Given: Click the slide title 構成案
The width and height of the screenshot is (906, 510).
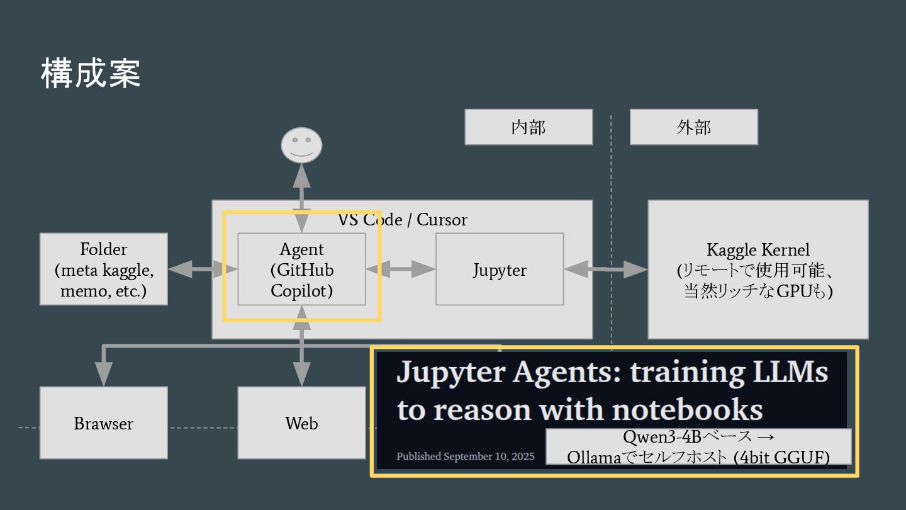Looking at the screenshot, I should [91, 73].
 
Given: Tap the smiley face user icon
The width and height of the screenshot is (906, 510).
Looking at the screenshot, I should [301, 145].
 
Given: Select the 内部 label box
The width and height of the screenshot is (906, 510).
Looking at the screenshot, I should [528, 127].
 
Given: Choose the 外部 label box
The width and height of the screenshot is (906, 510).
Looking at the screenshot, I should [693, 127].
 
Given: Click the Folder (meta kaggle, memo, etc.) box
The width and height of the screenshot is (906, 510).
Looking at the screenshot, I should [104, 269].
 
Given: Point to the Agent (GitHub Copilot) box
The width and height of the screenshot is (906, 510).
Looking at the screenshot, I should [301, 269].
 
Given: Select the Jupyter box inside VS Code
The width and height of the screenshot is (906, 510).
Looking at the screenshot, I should [500, 269].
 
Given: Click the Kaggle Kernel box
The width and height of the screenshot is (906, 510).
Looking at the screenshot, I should [758, 269].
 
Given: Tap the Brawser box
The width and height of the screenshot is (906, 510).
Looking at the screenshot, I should [104, 423].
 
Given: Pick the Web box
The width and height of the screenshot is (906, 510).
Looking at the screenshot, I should [301, 423].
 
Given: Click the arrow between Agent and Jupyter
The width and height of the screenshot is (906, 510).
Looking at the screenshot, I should [401, 269].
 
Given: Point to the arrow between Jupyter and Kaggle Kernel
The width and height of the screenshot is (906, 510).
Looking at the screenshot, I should [605, 269].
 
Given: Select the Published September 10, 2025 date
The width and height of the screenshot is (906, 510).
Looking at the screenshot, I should [466, 456].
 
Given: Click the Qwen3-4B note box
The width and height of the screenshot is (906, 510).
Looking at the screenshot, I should [698, 447].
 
